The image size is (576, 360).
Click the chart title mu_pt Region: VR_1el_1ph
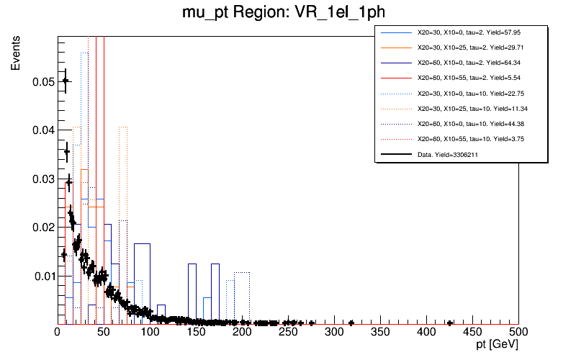[288, 14]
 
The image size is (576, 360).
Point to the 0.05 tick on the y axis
[43, 82]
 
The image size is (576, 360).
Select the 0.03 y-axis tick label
[43, 179]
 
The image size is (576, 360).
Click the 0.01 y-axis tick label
[43, 276]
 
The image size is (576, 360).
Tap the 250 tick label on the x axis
[288, 333]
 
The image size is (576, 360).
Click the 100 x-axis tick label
[150, 333]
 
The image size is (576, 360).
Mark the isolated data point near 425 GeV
[449, 323]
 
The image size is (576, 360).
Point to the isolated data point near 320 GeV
[351, 323]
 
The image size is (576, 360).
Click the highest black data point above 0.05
[66, 81]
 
